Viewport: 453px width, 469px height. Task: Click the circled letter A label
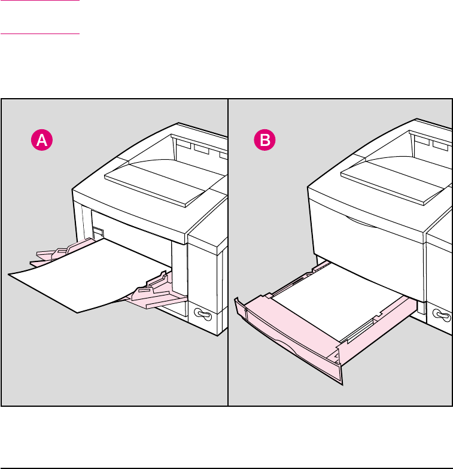point(41,141)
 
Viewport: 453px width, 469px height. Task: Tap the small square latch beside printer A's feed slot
point(98,231)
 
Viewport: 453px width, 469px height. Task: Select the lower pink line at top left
point(40,33)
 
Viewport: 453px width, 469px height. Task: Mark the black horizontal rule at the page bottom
point(226,468)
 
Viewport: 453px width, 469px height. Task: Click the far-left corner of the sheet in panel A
point(10,274)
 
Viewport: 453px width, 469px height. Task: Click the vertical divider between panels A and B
point(229,251)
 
